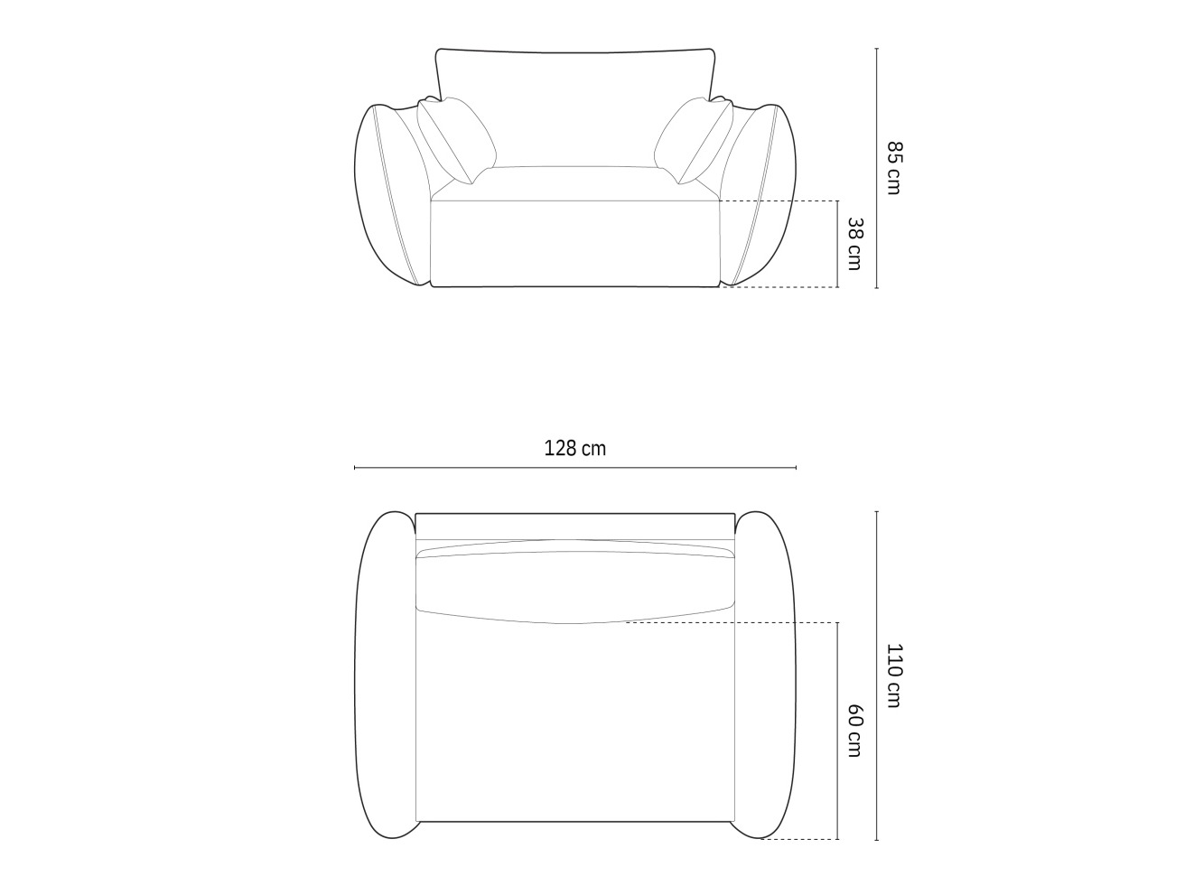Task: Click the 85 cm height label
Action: pos(893,168)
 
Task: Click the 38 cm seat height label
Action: pos(854,244)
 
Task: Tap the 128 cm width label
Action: pos(575,448)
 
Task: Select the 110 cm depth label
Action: pos(893,675)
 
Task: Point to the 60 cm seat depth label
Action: pos(854,731)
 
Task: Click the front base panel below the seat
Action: pos(575,243)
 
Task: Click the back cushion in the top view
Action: pos(575,583)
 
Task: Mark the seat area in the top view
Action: pos(575,723)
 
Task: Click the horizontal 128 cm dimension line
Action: pos(575,468)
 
